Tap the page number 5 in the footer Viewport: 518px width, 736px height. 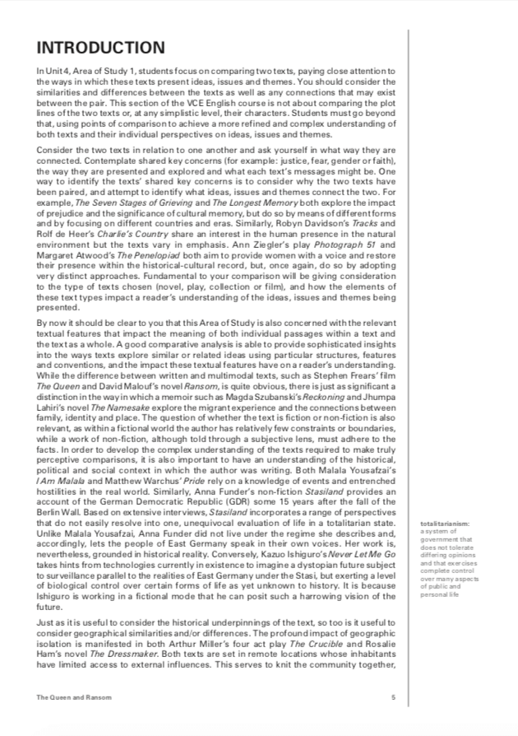pyautogui.click(x=393, y=697)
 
